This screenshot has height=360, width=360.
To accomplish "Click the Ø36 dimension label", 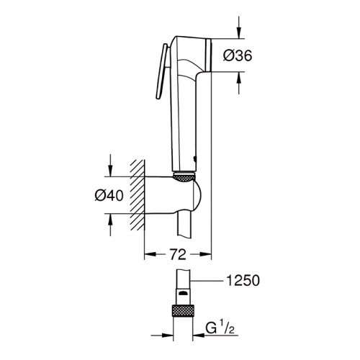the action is [238, 55].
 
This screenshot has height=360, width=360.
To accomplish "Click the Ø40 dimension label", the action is [109, 195].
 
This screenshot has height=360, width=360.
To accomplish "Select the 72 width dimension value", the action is [178, 254].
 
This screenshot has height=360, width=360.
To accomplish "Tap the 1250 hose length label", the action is [243, 280].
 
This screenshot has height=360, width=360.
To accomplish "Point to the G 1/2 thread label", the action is [220, 328].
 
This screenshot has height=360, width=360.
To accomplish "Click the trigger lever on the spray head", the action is [162, 71].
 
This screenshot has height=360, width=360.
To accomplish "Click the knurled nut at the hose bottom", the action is [183, 311].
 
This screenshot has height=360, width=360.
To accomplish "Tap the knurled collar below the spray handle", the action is [184, 178].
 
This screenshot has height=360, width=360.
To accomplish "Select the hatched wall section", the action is [138, 195].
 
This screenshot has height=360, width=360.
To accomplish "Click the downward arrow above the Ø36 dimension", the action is [239, 27].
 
